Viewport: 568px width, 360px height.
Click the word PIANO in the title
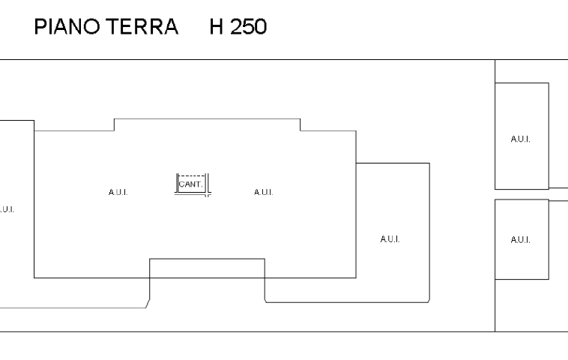[67, 27]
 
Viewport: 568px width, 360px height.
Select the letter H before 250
[217, 27]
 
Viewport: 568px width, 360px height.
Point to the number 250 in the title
[249, 27]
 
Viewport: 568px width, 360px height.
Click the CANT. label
[190, 184]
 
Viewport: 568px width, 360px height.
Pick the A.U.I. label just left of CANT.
[118, 192]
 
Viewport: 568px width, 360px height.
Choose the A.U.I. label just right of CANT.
[263, 192]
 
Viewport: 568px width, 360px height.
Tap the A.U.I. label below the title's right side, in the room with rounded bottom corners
[390, 239]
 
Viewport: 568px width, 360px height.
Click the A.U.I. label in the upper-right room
[521, 139]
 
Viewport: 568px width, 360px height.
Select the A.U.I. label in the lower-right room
[521, 240]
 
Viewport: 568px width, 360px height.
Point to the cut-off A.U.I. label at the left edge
[7, 209]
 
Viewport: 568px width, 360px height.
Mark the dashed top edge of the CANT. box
[192, 175]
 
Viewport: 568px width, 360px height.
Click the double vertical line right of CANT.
[208, 185]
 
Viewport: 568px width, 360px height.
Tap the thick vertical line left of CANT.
[177, 183]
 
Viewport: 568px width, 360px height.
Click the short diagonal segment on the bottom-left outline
[148, 304]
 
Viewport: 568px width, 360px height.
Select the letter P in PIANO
[40, 27]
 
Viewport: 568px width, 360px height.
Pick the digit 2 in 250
[236, 27]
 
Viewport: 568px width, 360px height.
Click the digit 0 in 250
[261, 27]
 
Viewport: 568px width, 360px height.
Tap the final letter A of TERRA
[171, 27]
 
